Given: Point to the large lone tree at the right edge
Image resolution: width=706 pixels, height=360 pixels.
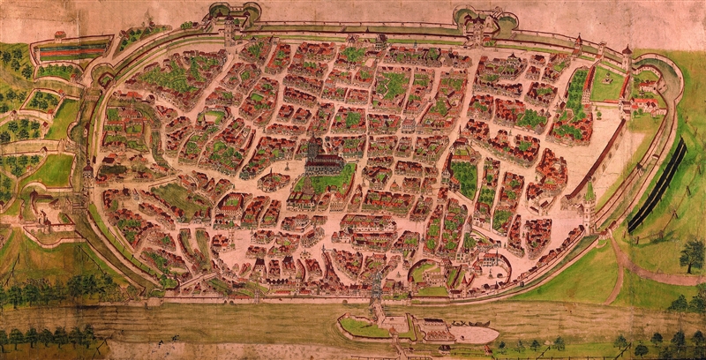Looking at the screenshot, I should coord(692,254).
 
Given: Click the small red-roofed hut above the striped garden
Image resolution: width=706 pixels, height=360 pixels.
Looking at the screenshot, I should coord(59,35).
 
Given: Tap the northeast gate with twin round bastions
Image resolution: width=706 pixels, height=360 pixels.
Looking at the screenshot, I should coord(477,21).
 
